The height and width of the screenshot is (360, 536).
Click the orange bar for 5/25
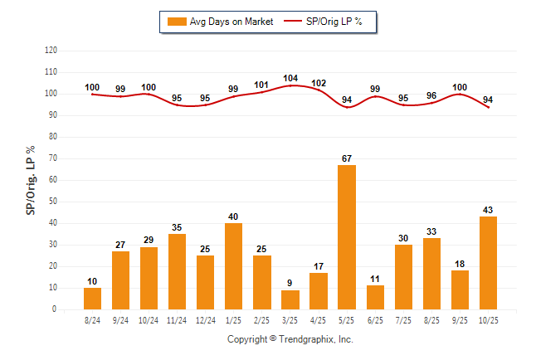tap(347, 237)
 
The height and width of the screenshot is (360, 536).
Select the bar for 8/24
tap(93, 299)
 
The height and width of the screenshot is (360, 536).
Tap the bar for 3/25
tap(290, 299)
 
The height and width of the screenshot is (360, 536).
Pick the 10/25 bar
tap(488, 263)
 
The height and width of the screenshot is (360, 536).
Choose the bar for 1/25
tap(234, 266)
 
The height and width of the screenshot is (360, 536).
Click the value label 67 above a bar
tap(347, 158)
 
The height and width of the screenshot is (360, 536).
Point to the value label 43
tap(488, 210)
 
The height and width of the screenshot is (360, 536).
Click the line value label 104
tap(290, 78)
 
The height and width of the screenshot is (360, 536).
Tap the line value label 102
tap(319, 83)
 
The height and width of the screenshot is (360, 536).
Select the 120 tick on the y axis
tap(51, 51)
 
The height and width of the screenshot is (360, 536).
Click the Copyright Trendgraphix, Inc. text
tap(290, 339)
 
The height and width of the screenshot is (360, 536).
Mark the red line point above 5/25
tap(347, 107)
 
